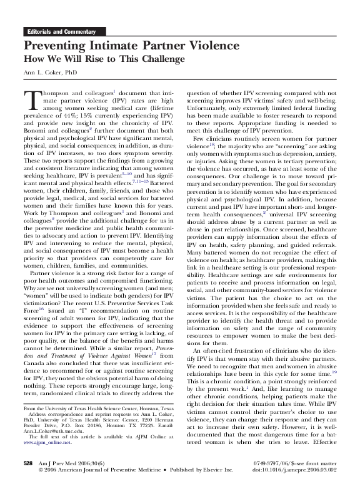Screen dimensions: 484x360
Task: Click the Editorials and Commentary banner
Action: (59, 31)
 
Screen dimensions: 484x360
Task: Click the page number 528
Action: (27, 463)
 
